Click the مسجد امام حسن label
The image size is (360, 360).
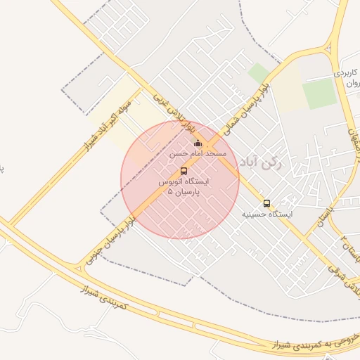coord(198,153)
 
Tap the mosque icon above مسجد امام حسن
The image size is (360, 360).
coord(198,143)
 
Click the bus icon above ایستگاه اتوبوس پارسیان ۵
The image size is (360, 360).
coord(184,171)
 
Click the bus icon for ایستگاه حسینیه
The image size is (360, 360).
coord(266,203)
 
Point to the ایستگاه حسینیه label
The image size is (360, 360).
coord(266,213)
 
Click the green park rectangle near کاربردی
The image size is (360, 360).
coord(320,93)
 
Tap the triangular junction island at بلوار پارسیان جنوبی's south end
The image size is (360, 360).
coord(77,268)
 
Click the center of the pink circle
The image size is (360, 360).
coord(180,180)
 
